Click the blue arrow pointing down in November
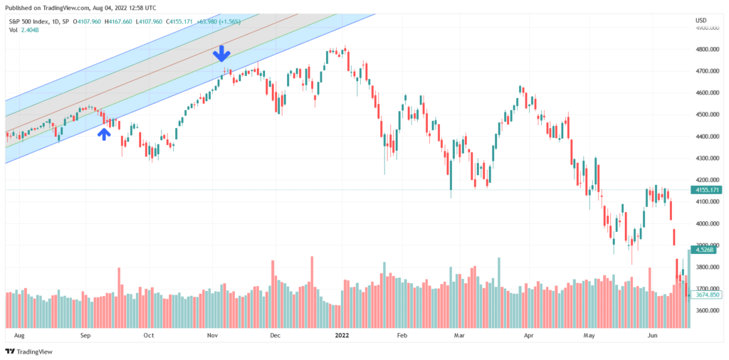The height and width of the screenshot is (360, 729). [222, 53]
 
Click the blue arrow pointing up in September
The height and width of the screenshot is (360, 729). [105, 133]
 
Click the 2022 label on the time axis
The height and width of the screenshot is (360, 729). [342, 334]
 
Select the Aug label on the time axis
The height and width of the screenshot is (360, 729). [19, 334]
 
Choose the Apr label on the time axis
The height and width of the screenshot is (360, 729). [528, 334]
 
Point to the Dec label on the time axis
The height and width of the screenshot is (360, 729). [275, 334]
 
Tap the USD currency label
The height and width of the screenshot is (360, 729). [701, 20]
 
